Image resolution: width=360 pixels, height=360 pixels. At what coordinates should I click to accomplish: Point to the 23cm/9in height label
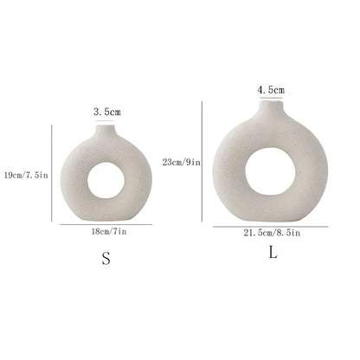click(182, 161)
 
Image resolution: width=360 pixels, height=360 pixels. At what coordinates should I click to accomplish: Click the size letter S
click(106, 259)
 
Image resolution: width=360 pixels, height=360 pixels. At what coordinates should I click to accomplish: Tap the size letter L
click(273, 254)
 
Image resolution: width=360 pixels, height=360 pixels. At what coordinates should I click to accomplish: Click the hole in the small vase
click(105, 179)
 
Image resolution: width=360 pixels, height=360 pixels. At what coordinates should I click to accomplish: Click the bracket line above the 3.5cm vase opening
click(106, 121)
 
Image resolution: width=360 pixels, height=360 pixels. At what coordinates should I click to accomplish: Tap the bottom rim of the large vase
click(273, 216)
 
